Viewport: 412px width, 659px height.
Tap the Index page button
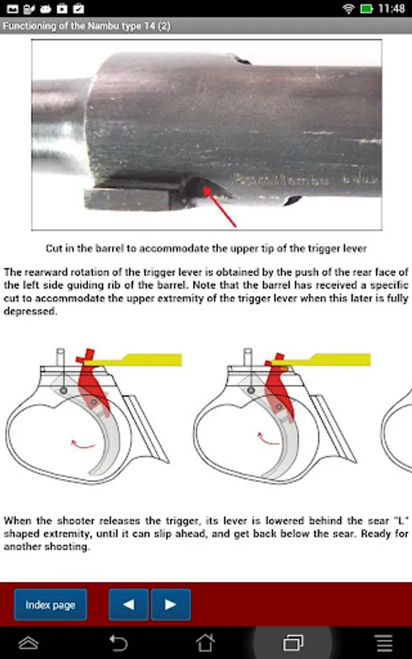[x=50, y=604]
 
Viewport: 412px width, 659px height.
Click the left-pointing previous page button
[x=128, y=604]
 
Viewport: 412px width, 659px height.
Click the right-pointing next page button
[x=171, y=604]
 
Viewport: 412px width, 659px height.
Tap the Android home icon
[x=206, y=643]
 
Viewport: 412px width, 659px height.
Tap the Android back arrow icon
[x=119, y=643]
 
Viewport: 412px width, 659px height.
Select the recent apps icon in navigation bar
[x=293, y=643]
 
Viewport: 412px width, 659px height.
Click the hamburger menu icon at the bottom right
[x=384, y=643]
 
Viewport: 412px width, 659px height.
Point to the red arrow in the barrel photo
[x=220, y=207]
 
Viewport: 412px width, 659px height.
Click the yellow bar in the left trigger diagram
[x=132, y=360]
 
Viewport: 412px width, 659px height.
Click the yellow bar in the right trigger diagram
[x=321, y=360]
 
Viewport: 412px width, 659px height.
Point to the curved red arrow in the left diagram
[x=83, y=444]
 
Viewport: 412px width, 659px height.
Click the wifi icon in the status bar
[x=348, y=8]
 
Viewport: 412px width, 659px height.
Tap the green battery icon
[x=367, y=8]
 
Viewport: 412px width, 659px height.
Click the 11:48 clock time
[x=392, y=8]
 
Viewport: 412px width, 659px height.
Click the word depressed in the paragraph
[x=30, y=312]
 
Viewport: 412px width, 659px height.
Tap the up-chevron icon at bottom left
[x=29, y=643]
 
